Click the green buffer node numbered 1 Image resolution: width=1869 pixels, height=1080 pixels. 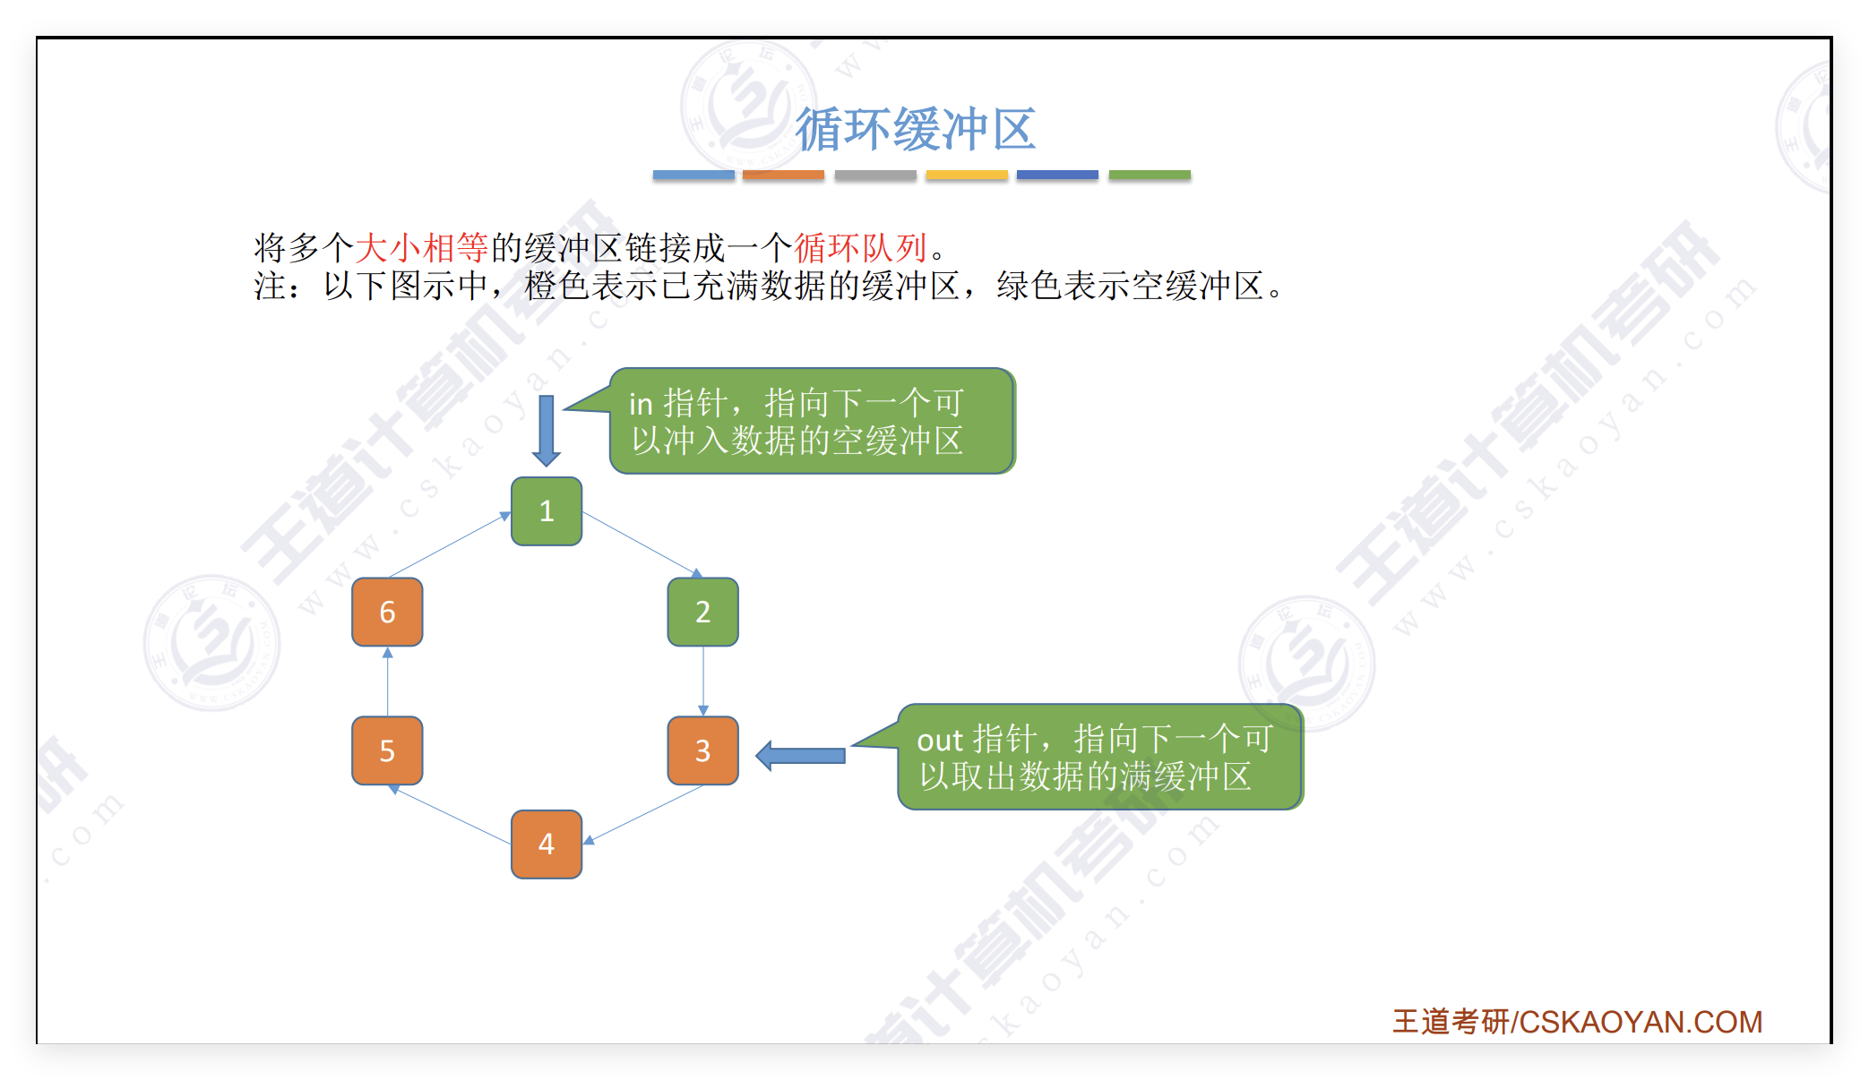[x=547, y=511]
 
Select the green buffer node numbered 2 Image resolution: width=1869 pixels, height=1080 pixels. [x=702, y=612]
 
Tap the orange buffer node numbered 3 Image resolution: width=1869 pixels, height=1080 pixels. [x=702, y=750]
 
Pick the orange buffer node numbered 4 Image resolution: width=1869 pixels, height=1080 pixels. [x=547, y=844]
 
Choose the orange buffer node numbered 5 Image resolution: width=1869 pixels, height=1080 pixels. [x=387, y=750]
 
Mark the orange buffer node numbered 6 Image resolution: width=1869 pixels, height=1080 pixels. [x=387, y=612]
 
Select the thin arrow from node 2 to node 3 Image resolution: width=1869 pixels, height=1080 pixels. [x=703, y=681]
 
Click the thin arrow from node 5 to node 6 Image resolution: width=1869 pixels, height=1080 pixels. [x=388, y=681]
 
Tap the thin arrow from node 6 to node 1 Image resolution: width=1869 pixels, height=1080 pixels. [x=449, y=544]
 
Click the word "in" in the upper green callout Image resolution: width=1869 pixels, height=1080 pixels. [x=641, y=405]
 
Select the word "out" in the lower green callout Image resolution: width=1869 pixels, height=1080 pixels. [x=939, y=741]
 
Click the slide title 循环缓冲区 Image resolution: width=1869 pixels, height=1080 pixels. [x=916, y=129]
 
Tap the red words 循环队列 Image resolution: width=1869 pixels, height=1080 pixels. [x=860, y=247]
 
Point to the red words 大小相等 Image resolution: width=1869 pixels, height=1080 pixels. [x=421, y=247]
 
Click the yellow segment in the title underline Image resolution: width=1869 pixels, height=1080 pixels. [x=967, y=175]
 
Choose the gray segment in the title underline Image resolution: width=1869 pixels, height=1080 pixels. [x=875, y=175]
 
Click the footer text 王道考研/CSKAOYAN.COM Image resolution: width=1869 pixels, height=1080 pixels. [x=1577, y=1022]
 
